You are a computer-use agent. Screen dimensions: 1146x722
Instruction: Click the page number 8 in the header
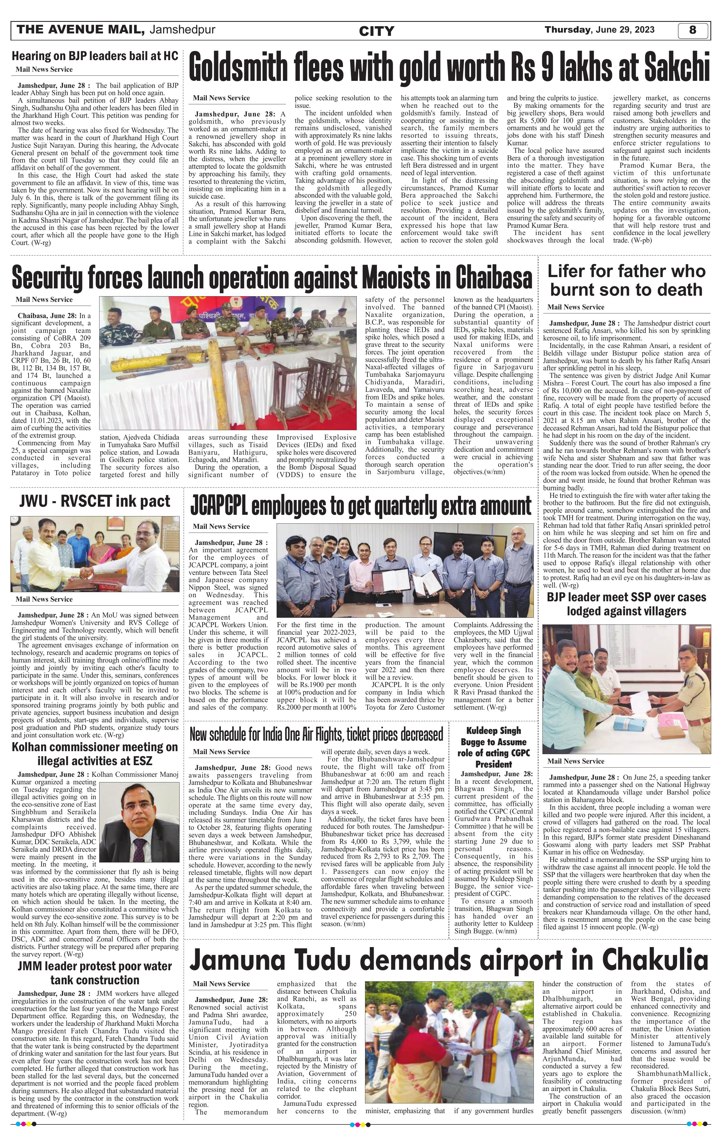click(693, 30)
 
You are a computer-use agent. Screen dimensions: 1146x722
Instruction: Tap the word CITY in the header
click(376, 32)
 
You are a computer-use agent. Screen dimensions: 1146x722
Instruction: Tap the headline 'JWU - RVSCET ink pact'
click(95, 501)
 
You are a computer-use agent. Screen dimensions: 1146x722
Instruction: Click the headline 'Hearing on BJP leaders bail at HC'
click(95, 56)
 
